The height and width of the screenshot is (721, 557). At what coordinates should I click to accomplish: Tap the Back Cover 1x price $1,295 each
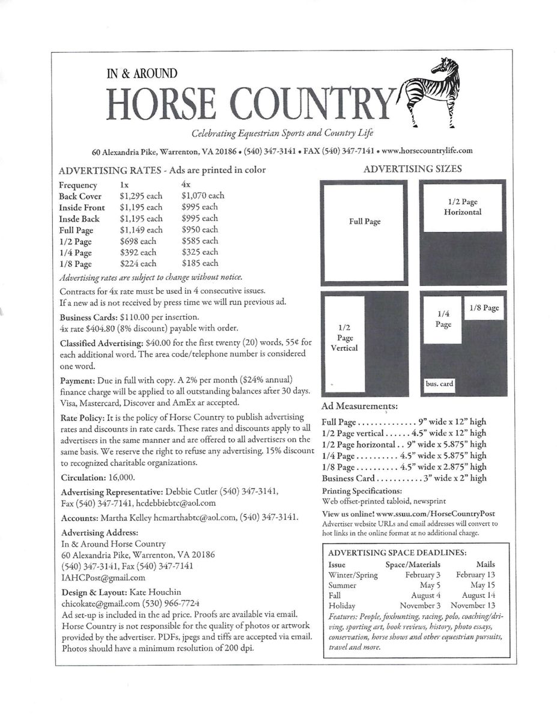pos(141,196)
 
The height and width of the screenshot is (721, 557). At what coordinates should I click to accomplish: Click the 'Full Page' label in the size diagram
pos(365,222)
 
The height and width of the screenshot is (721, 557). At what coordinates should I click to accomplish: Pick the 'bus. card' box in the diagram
pos(439,384)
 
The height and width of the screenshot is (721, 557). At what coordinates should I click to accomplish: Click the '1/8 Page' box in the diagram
pos(483,308)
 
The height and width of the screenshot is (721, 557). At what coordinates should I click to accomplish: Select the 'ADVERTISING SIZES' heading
pos(412,169)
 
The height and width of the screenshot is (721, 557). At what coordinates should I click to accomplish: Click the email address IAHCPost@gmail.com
pos(103,577)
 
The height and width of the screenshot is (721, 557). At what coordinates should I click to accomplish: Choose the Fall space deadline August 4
pos(425,595)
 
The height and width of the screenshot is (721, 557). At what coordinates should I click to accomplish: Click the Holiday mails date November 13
pos(473,606)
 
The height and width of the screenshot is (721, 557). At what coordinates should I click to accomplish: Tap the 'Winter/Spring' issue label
pos(353,575)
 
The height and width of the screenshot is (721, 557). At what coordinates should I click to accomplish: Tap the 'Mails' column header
pos(485,565)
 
